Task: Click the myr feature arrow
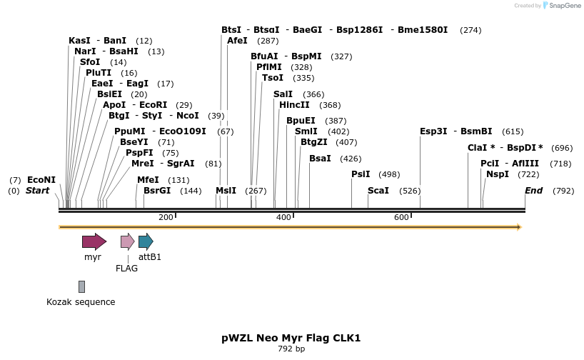pyautogui.click(x=94, y=241)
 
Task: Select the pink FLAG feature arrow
pyautogui.click(x=127, y=241)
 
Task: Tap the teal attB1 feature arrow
pyautogui.click(x=146, y=241)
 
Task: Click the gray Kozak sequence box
pyautogui.click(x=81, y=286)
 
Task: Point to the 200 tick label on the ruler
pyautogui.click(x=166, y=217)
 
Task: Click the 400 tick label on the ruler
pyautogui.click(x=283, y=217)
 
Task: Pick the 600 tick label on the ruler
pyautogui.click(x=401, y=217)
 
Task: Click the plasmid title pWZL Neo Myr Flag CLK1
pyautogui.click(x=291, y=338)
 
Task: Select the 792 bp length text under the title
pyautogui.click(x=291, y=349)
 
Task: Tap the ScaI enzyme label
pyautogui.click(x=378, y=191)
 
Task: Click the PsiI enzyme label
pyautogui.click(x=361, y=174)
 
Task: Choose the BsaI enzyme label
pyautogui.click(x=320, y=159)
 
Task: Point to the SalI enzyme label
pyautogui.click(x=283, y=94)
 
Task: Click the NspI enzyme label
pyautogui.click(x=498, y=174)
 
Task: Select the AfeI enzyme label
pyautogui.click(x=237, y=41)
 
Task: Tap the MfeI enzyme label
pyautogui.click(x=148, y=180)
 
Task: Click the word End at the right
pyautogui.click(x=534, y=191)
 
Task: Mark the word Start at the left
pyautogui.click(x=38, y=191)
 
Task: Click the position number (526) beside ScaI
pyautogui.click(x=410, y=191)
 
